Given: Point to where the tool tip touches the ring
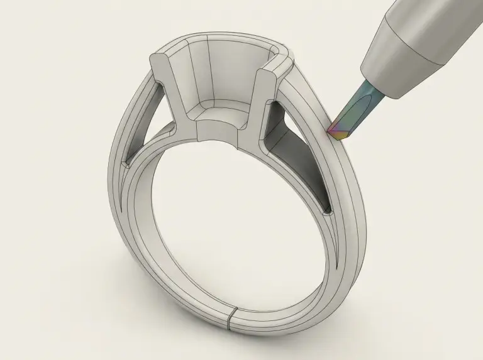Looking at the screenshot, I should pyautogui.click(x=331, y=134).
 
